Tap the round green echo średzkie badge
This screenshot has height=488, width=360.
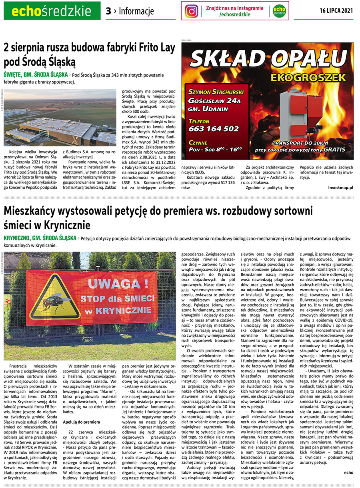[280, 11]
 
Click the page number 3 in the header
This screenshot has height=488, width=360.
[108, 11]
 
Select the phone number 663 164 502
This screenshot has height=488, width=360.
[214, 129]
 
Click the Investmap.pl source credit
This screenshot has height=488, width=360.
[340, 187]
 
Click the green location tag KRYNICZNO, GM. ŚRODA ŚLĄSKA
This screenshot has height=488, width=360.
[40, 238]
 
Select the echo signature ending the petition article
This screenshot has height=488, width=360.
[348, 472]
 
